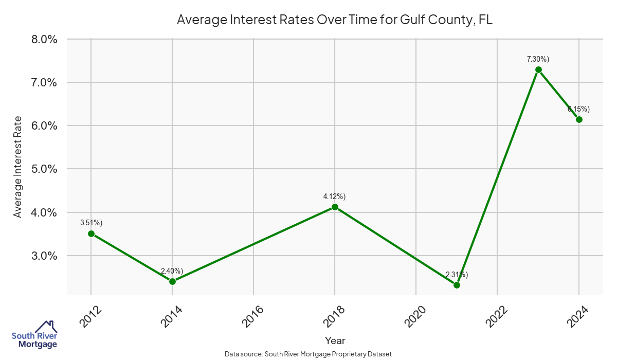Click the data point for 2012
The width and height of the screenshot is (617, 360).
point(91,233)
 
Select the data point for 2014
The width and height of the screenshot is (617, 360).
point(172,281)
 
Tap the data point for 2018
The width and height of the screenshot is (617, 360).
point(335,207)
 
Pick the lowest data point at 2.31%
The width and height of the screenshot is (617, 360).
point(457,285)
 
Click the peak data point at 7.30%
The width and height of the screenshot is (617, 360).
point(538,69)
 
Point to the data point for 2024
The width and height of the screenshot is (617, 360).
point(579,119)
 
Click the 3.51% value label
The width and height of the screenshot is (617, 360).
point(91,223)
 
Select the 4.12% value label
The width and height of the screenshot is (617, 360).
point(334,196)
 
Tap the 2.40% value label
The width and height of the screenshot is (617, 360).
point(172,271)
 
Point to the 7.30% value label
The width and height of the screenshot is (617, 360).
point(538,59)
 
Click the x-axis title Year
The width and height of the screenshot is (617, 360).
point(335,340)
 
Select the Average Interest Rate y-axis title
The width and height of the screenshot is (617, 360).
point(18,167)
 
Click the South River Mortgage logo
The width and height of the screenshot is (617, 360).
point(34,335)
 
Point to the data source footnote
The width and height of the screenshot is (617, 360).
point(308,354)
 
